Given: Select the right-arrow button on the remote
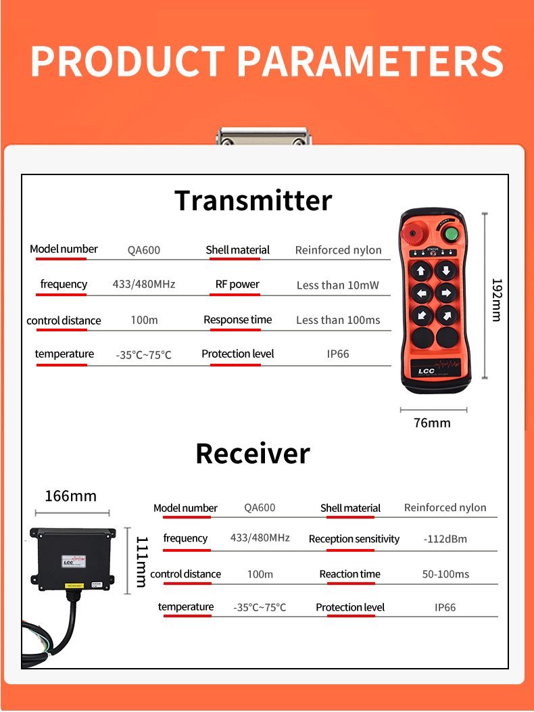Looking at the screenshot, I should coord(445,293).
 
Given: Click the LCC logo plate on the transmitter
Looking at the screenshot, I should coord(433,369).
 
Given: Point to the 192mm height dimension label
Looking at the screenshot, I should coord(496,300).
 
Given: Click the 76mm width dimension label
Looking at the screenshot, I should coord(432,423).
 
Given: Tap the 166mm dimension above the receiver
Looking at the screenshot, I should coord(70,496).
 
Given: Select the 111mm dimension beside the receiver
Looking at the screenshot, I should coord(142,561).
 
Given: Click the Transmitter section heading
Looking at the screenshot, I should coord(253,201).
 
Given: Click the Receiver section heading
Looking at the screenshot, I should coord(253,453).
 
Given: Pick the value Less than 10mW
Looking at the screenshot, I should coord(338,285).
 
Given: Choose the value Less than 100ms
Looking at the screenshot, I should coord(338,321).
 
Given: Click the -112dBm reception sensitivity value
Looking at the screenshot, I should coord(445,539).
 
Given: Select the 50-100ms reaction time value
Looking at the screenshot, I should coord(445,574).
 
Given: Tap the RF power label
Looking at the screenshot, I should coord(237,285).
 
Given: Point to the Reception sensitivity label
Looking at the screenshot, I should coord(354,539).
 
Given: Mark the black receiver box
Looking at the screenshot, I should coord(72,558).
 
